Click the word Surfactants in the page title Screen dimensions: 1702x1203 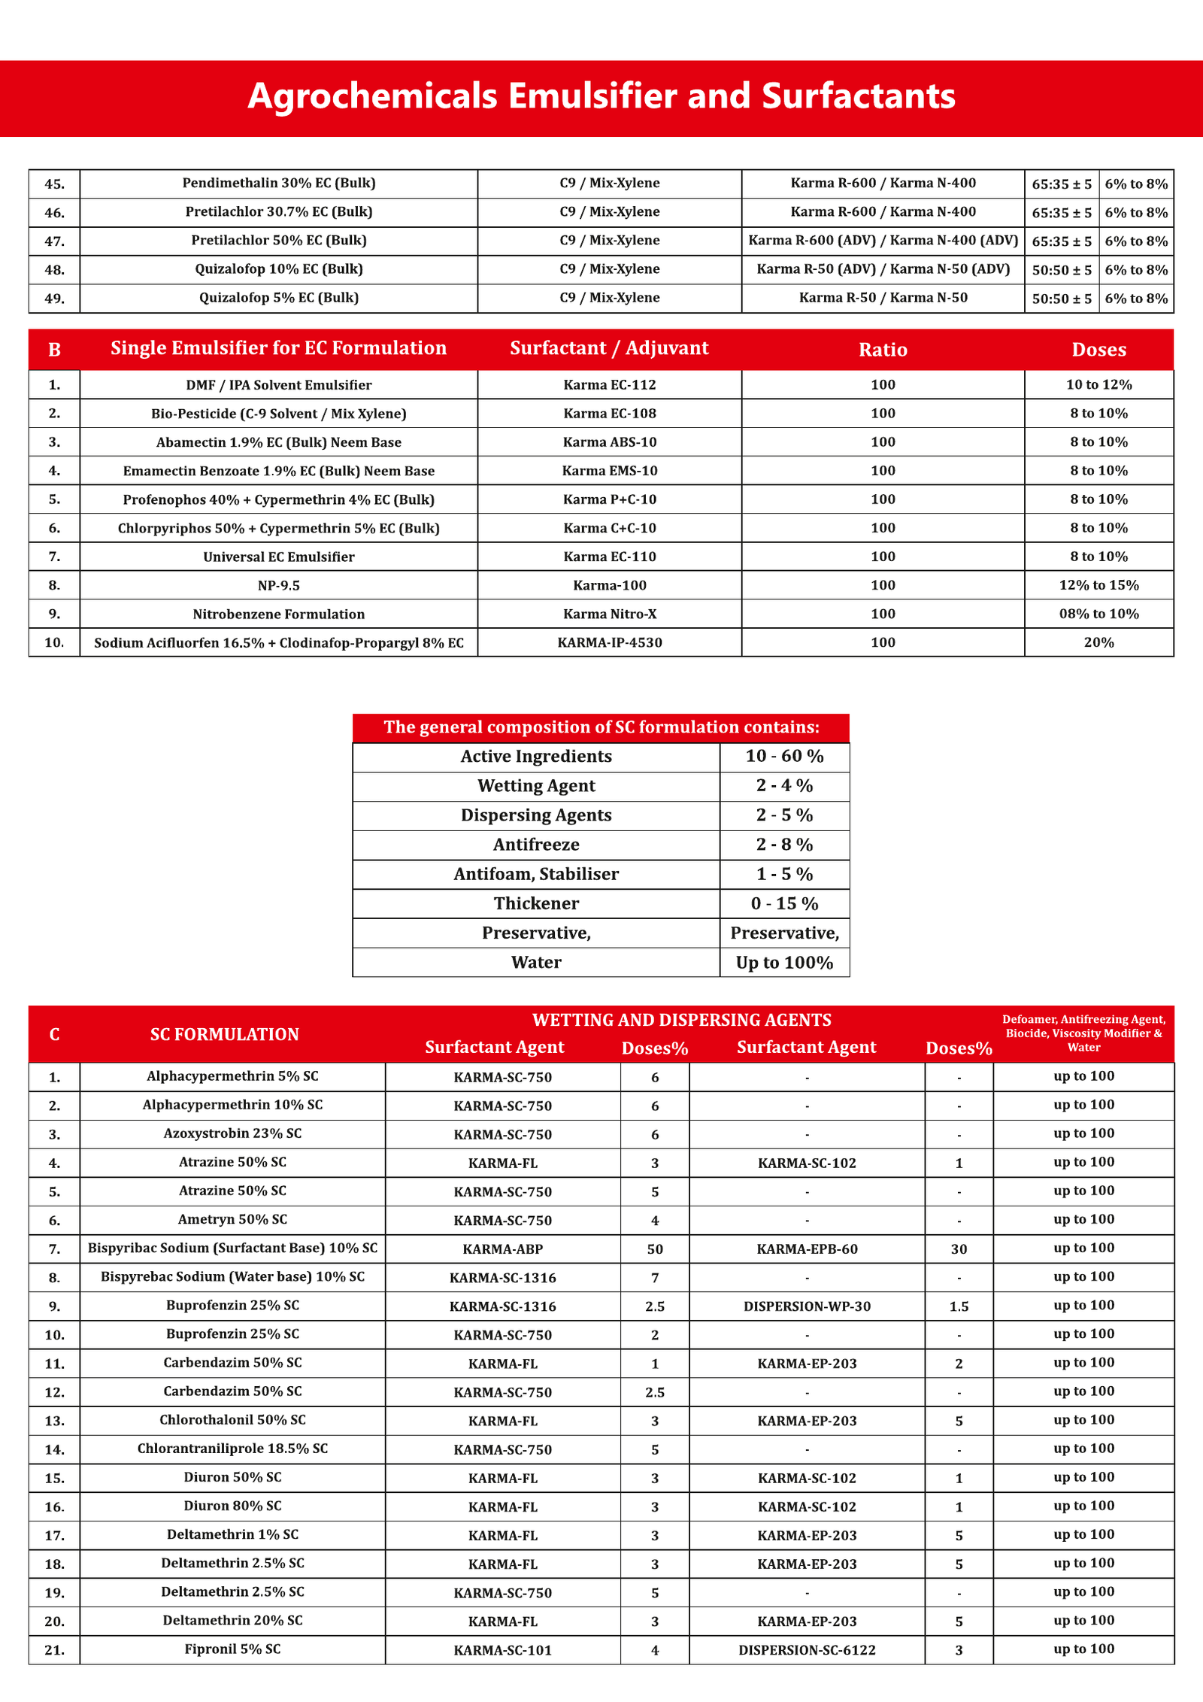point(858,96)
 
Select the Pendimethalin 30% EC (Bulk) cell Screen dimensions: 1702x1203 point(278,183)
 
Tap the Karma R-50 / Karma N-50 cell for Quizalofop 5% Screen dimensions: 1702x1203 point(883,298)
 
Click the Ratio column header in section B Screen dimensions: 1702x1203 point(883,350)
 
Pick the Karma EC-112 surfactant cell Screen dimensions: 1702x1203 point(609,385)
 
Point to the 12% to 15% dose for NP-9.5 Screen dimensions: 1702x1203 point(1098,585)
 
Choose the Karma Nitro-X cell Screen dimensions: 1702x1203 point(609,614)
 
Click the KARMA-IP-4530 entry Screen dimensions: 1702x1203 point(609,642)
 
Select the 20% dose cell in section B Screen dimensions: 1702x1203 point(1098,642)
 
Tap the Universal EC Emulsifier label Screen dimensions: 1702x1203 point(278,557)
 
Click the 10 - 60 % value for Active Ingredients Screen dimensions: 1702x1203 point(784,756)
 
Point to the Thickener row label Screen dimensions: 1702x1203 point(536,903)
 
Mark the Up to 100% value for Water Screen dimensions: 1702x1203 point(784,963)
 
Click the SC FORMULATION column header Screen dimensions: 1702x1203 point(224,1034)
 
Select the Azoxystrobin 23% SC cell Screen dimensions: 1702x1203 point(232,1133)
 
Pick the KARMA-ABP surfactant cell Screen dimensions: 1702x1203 point(502,1249)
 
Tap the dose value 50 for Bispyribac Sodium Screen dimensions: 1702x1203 point(655,1249)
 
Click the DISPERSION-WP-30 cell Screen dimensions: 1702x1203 point(807,1306)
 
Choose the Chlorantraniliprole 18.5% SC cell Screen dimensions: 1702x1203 point(232,1449)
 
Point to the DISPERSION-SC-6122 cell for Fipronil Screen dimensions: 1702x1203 point(807,1650)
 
